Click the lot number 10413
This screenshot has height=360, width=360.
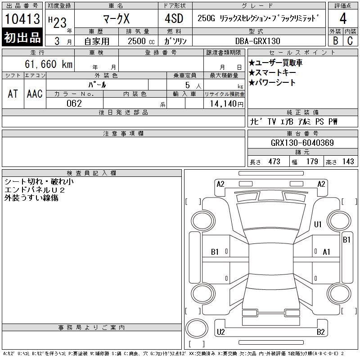[22, 19]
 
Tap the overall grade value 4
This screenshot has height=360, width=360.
[343, 18]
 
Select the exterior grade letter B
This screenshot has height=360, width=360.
[335, 40]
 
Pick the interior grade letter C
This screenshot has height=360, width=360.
[350, 40]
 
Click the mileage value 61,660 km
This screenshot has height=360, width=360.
[49, 64]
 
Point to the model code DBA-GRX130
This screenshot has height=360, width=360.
[258, 41]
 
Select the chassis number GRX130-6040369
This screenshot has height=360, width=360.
[302, 143]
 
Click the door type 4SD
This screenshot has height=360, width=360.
[174, 18]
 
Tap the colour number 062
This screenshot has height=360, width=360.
[74, 103]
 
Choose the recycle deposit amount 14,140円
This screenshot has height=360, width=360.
[227, 104]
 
